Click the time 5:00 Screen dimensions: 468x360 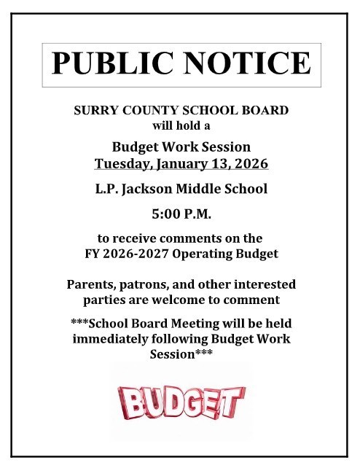click(166, 216)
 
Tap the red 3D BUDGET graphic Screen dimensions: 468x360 click(180, 402)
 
